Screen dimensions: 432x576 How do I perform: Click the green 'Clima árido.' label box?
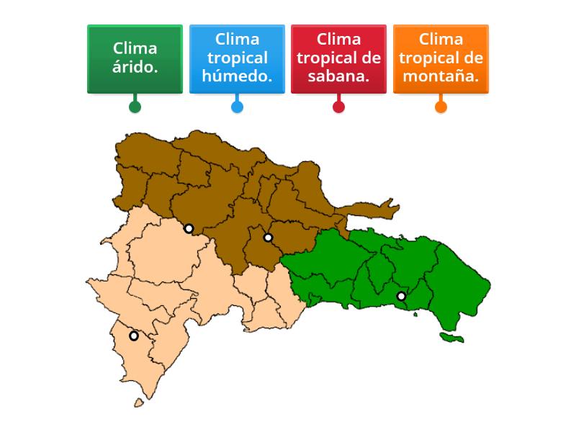(135, 59)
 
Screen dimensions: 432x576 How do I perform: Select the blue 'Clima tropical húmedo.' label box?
(237, 59)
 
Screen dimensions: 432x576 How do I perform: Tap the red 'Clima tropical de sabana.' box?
(338, 59)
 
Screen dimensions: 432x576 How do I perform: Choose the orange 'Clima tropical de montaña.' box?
(441, 59)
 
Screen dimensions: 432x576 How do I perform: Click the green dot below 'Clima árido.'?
(135, 107)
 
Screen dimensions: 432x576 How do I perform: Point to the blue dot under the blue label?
(237, 107)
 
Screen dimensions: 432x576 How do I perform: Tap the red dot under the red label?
(338, 107)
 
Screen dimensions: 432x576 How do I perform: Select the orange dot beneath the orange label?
(441, 107)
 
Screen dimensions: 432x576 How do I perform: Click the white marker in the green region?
(402, 296)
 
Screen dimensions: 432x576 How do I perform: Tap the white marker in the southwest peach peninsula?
(134, 336)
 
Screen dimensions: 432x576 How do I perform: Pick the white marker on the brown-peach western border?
(189, 229)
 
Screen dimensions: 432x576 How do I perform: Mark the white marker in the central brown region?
(268, 238)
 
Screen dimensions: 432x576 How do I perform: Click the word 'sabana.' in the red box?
(338, 76)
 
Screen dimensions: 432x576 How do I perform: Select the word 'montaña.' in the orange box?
(441, 76)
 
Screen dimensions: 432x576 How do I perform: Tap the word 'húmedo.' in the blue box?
(237, 76)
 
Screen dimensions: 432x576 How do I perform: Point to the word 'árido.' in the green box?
(135, 68)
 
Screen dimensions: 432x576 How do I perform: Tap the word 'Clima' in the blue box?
(237, 39)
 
